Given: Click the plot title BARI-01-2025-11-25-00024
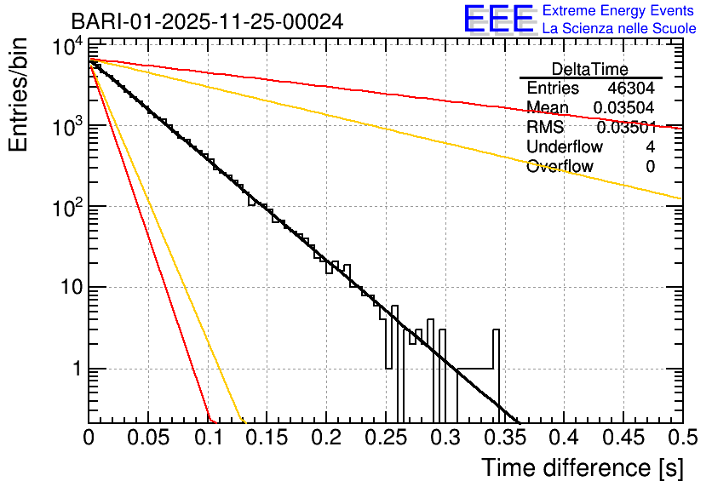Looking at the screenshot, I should coord(207,21).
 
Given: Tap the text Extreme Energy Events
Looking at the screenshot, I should coord(619,11).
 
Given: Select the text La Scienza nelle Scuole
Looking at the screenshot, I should coord(619,29).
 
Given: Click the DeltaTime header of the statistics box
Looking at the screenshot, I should coord(589,69).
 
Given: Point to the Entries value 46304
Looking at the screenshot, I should coord(631,89).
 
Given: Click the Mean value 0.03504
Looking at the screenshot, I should coord(626,107).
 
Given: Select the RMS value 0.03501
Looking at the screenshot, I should coord(626,128).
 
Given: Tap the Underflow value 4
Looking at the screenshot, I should coord(651,146).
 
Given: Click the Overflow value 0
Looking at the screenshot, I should coord(651,167).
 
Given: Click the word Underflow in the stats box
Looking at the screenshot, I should coord(560,146).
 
